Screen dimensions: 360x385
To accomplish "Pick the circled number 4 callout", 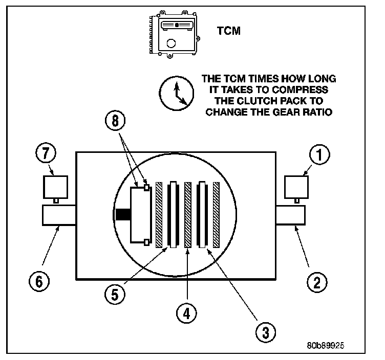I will tap(187, 312).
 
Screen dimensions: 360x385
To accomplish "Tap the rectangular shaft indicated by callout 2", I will tap(291, 215).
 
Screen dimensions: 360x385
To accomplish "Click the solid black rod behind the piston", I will tap(123, 215).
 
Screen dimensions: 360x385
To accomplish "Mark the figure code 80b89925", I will tap(326, 345).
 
